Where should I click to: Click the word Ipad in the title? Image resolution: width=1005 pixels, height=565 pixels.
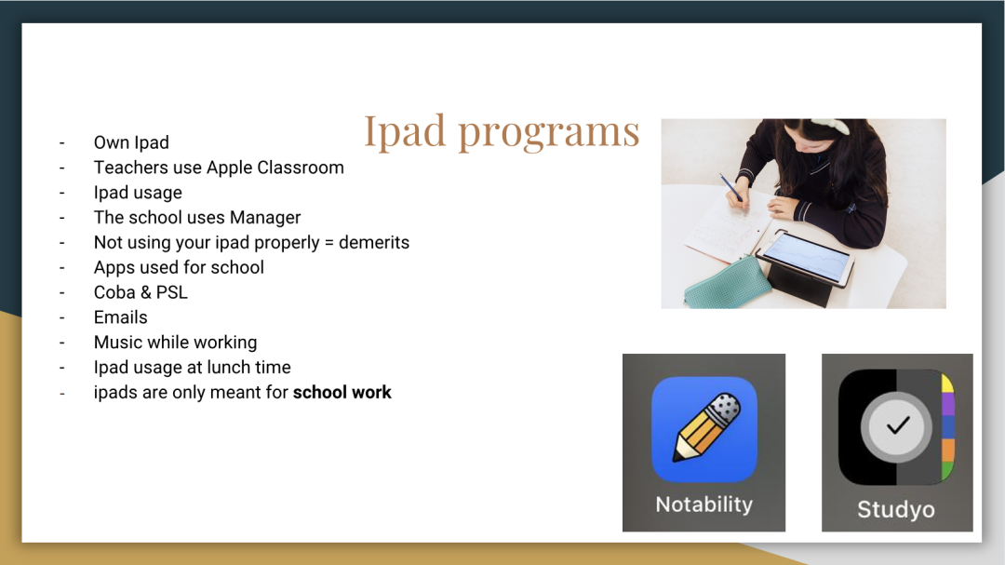pos(405,132)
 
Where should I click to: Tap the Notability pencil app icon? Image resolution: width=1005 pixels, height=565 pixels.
pos(703,429)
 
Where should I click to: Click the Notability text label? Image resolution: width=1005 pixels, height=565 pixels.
pos(703,504)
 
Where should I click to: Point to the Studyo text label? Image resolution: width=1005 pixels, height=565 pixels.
pos(896,510)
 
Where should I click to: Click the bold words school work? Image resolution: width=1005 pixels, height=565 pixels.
pos(342,393)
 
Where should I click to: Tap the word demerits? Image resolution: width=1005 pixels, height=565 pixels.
pos(374,242)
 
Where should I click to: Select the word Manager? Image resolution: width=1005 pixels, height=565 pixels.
pos(264,218)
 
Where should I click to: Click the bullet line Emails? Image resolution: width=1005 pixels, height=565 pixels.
pos(120,317)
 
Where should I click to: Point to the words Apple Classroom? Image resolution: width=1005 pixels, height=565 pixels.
pos(275,168)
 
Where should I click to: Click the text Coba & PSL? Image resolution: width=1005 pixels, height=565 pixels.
pos(141,292)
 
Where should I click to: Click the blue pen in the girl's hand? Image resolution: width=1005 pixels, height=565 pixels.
pos(730,187)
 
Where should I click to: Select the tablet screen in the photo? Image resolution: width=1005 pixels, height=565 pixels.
pos(807,258)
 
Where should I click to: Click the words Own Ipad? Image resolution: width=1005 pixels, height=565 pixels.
pos(131,143)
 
